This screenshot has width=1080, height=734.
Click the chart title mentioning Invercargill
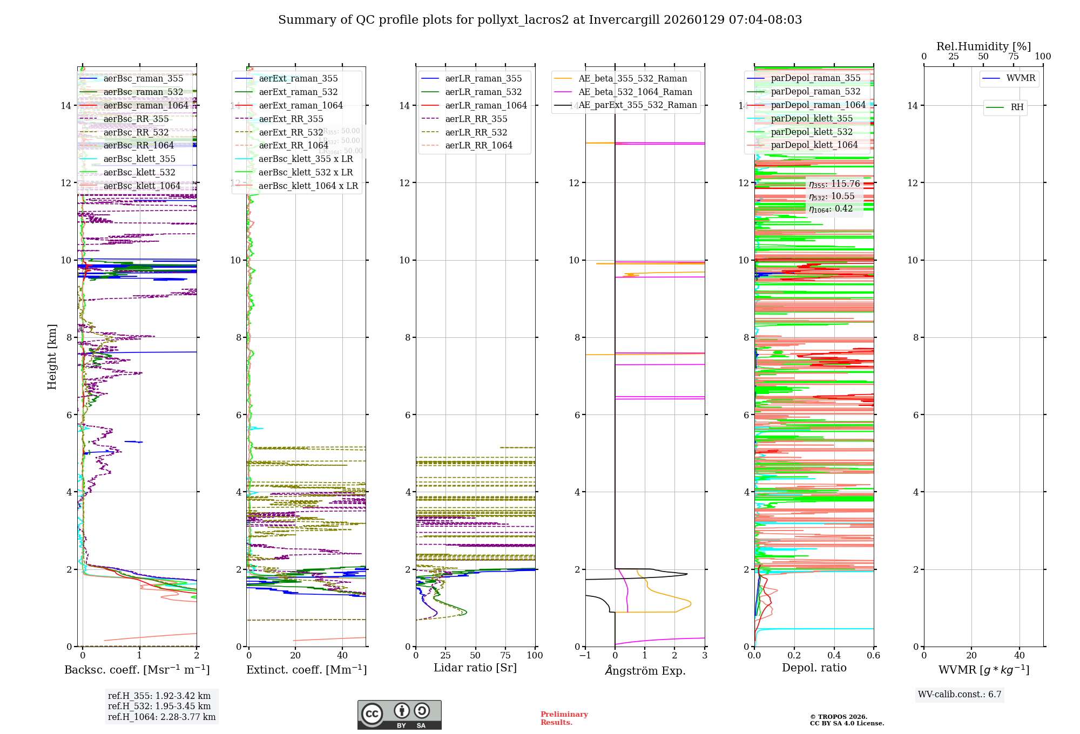click(x=540, y=20)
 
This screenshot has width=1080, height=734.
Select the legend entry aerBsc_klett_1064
click(x=141, y=186)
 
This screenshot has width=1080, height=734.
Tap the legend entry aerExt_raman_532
click(x=298, y=92)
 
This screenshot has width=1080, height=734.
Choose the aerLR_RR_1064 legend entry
click(x=478, y=145)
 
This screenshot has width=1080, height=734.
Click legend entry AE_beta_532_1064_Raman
click(x=635, y=92)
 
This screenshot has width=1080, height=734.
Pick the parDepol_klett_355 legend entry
click(x=812, y=118)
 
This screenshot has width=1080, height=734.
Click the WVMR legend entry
click(x=1021, y=78)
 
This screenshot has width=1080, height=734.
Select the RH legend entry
click(x=1017, y=107)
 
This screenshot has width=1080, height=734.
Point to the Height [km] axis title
click(x=52, y=357)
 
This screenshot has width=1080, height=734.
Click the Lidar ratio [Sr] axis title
click(x=475, y=668)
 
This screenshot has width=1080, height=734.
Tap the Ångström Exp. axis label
click(x=645, y=670)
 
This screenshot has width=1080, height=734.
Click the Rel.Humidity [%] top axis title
click(x=983, y=46)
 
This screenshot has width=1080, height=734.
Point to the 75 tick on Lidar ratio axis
click(x=505, y=656)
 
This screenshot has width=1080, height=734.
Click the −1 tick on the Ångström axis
click(x=585, y=656)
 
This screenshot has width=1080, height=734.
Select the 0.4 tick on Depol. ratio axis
click(x=834, y=656)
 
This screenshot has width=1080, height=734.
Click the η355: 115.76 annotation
click(x=834, y=184)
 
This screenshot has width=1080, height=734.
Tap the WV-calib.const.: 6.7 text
click(x=960, y=695)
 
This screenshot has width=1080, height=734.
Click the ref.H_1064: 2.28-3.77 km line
click(x=161, y=717)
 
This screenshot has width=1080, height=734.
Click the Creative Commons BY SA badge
click(x=399, y=715)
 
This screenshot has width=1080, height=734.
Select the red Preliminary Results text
click(x=564, y=718)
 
